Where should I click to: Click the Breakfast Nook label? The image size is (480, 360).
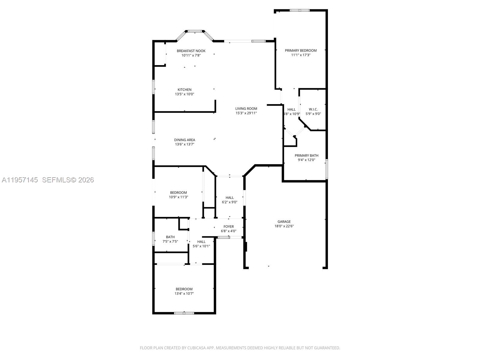(191, 51)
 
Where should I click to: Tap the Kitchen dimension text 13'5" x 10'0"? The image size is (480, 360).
(184, 94)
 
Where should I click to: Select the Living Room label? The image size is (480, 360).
(246, 109)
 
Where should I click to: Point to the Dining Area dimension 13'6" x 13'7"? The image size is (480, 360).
(184, 144)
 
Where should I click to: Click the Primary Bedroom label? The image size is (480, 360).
(301, 50)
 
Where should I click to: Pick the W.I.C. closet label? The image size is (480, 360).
(313, 109)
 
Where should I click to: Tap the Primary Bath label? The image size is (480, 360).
(306, 155)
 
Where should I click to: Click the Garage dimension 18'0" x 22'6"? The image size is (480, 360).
(284, 226)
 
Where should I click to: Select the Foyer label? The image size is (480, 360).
(229, 226)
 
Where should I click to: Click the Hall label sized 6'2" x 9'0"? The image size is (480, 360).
(229, 197)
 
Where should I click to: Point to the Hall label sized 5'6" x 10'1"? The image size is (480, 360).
(201, 241)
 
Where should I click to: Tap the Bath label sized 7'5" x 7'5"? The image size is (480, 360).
(170, 237)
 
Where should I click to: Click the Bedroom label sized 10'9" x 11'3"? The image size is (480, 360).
(178, 193)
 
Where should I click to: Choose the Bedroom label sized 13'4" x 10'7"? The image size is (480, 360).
(184, 289)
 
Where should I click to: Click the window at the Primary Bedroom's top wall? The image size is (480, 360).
(299, 10)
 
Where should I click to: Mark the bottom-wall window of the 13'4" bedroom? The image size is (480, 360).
(184, 313)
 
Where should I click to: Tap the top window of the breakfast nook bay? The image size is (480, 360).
(195, 31)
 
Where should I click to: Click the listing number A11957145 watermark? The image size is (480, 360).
(20, 180)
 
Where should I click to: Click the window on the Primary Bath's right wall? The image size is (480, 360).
(327, 169)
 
